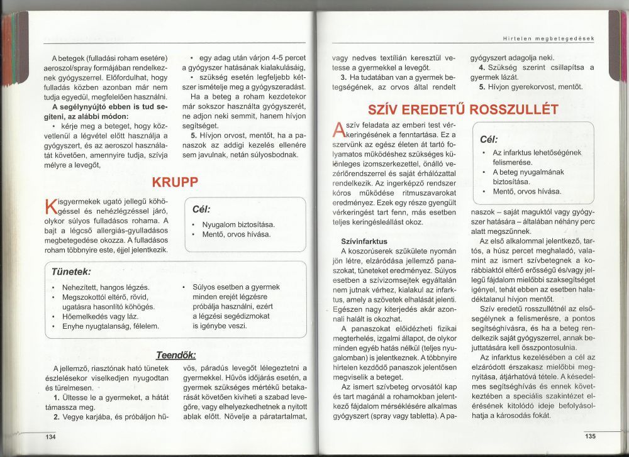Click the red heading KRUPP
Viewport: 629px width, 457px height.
(175, 182)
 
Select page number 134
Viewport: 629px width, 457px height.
(50, 436)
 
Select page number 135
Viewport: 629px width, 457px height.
(589, 436)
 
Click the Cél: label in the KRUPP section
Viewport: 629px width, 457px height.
(199, 209)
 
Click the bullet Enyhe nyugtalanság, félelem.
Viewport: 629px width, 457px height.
(110, 326)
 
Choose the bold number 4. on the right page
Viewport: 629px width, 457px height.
(481, 67)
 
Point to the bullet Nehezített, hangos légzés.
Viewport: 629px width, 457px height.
(105, 287)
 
